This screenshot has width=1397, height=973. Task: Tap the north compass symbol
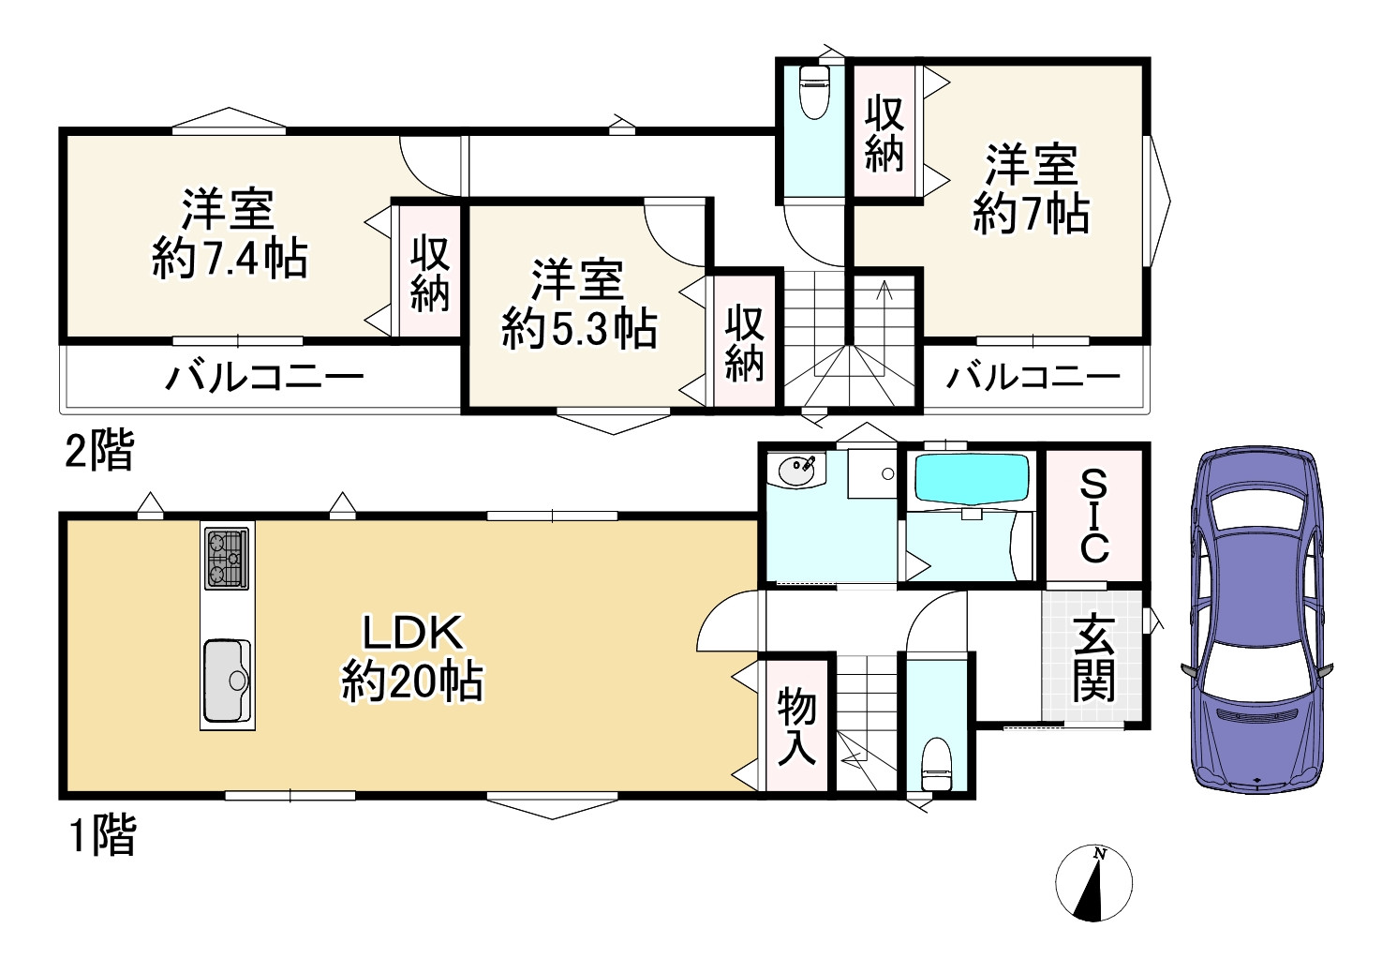click(x=1093, y=883)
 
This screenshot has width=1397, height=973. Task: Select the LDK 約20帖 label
click(x=412, y=658)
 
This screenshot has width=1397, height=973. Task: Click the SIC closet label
click(x=1093, y=516)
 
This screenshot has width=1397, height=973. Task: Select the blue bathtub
click(x=971, y=479)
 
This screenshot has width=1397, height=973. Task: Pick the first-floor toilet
click(x=936, y=764)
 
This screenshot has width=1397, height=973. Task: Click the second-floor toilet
click(x=814, y=92)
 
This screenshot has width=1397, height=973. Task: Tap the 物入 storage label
click(x=796, y=726)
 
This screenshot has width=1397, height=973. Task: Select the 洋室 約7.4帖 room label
click(x=230, y=234)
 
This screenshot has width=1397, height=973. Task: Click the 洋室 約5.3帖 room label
click(x=579, y=305)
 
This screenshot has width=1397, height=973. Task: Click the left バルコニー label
click(x=264, y=378)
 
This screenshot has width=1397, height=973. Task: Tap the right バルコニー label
click(x=1033, y=378)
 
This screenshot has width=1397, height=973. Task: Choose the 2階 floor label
click(x=99, y=451)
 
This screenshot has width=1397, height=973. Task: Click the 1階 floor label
click(x=101, y=835)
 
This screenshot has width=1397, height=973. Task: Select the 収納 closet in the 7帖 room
click(x=884, y=131)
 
